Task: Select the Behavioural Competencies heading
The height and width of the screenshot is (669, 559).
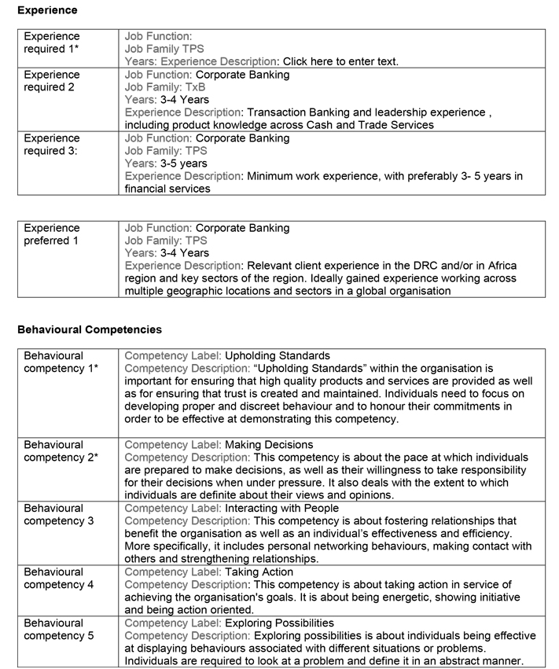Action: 90,329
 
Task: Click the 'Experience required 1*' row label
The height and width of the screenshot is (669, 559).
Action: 52,42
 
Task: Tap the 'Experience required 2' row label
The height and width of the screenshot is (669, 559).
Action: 52,81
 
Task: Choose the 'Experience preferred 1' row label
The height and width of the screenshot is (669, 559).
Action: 52,234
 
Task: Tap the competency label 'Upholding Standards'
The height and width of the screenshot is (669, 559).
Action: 278,355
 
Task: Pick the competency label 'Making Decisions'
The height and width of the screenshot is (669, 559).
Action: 269,445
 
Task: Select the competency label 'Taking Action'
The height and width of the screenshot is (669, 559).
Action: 259,572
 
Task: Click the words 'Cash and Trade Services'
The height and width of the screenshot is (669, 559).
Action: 370,125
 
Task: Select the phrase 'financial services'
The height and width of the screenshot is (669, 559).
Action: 167,189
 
